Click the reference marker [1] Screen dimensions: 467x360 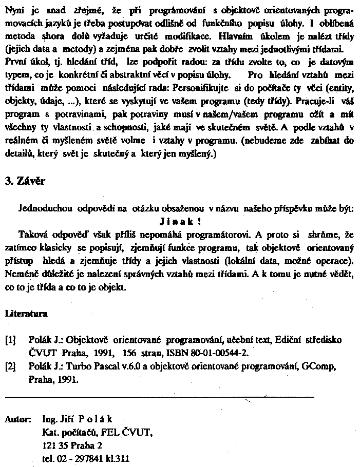10,340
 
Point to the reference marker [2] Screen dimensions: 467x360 10,366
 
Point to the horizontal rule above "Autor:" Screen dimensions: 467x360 159,397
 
